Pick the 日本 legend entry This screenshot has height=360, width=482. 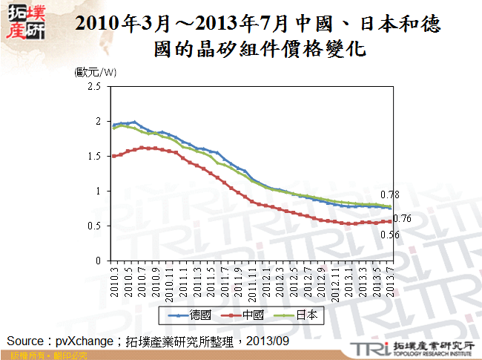(x=306, y=315)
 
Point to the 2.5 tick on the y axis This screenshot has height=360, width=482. (x=93, y=86)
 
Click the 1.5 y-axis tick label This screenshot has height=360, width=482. (x=93, y=156)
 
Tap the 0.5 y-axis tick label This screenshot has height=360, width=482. (x=93, y=226)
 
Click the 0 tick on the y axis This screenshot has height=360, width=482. (x=97, y=261)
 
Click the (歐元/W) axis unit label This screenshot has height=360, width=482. (x=96, y=72)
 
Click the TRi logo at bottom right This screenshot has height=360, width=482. (x=366, y=348)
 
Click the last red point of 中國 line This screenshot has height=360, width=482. (x=390, y=221)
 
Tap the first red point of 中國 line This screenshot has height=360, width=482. (x=113, y=156)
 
